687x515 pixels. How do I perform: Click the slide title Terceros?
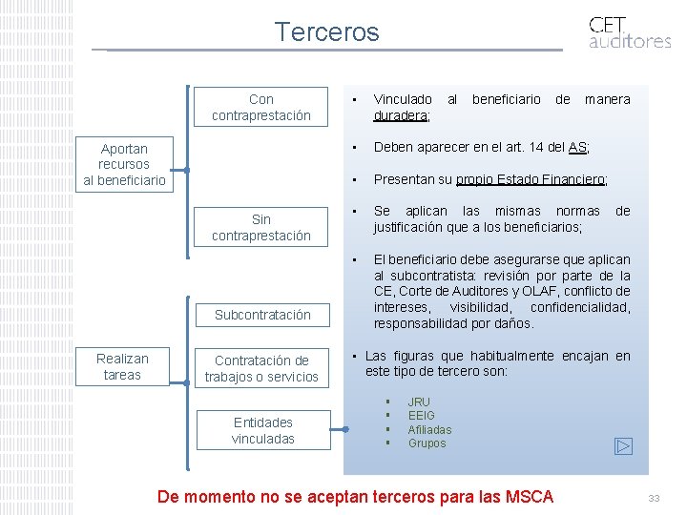pos(326,32)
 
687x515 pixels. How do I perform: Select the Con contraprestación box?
pos(260,107)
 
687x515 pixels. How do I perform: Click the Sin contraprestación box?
pos(260,227)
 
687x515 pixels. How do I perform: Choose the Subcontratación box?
pos(261,314)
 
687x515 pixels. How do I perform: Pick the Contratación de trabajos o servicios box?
pos(260,368)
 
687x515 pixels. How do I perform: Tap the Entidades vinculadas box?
pos(262,430)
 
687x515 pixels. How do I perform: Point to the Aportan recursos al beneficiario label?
pos(124,164)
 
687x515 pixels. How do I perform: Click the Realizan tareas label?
pos(122,366)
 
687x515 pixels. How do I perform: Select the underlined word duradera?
pos(400,115)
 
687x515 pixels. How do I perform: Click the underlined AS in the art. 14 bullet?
pos(577,147)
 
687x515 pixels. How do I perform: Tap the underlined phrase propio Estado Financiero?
pos(531,179)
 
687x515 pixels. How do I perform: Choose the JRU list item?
pos(419,402)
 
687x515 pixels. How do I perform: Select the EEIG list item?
pos(421,416)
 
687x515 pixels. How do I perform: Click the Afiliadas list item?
pos(429,429)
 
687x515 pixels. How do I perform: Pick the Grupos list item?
pos(427,443)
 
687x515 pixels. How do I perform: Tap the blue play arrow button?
pos(623,445)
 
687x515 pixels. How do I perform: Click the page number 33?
pos(654,498)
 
